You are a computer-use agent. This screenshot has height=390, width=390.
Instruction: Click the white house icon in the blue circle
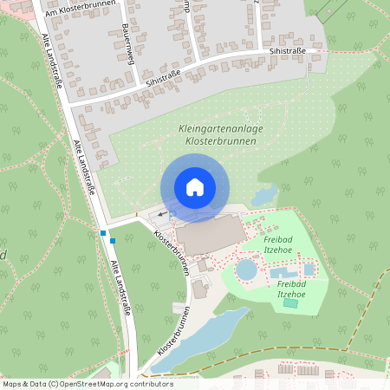194,187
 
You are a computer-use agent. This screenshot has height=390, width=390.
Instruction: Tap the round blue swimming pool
247,270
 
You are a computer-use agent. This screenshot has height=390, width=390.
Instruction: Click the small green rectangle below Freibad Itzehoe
289,302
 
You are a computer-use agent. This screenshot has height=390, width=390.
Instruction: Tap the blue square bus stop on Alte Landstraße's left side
103,233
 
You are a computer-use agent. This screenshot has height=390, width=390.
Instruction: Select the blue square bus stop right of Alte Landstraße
113,241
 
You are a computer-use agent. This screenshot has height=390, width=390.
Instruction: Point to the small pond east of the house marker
263,193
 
